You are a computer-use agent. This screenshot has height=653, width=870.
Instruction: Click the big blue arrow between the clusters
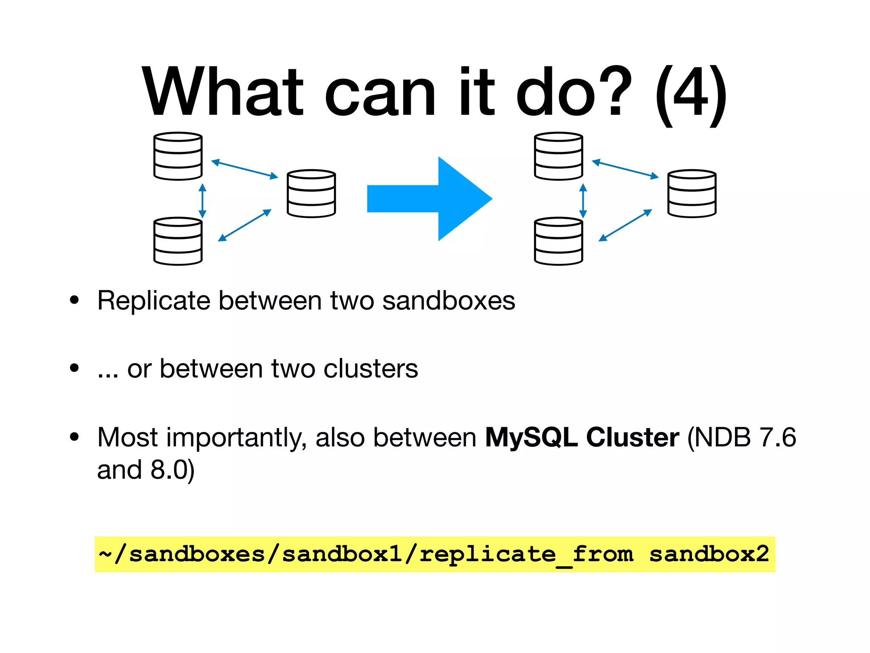[x=429, y=198]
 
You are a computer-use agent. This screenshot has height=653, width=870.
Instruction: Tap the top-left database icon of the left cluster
[x=178, y=156]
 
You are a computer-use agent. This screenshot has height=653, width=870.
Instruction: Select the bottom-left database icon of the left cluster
[x=178, y=241]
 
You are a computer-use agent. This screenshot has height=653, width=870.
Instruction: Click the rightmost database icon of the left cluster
[x=311, y=193]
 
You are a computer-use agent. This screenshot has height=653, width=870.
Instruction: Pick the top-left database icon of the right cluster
[x=558, y=156]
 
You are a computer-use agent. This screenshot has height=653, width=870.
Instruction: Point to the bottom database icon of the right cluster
[x=558, y=241]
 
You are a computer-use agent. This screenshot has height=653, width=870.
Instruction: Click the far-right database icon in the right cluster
[x=692, y=193]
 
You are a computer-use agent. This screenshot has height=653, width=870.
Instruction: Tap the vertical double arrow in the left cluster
[x=202, y=201]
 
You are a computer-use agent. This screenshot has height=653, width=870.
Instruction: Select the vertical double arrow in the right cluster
[x=583, y=201]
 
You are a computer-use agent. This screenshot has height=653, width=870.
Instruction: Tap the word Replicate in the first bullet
[x=154, y=301]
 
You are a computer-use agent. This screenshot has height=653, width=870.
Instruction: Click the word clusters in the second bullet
[x=370, y=369]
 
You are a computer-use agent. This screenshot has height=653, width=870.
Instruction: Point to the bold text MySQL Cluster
[x=582, y=437]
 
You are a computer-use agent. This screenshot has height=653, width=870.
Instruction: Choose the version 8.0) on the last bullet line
[x=172, y=470]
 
